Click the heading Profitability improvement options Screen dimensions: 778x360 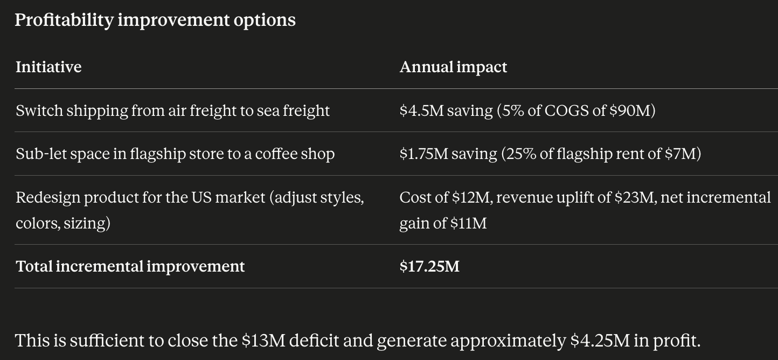click(155, 20)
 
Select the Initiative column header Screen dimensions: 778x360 click(48, 67)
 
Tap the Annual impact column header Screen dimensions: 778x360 click(453, 67)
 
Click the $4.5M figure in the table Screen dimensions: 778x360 click(422, 110)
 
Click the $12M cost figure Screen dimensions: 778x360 click(470, 197)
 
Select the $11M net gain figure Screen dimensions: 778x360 click(469, 223)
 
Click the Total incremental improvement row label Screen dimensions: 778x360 click(130, 267)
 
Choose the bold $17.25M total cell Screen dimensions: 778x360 click(429, 267)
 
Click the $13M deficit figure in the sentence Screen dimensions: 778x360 click(263, 340)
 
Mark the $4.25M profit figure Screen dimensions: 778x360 click(600, 340)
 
